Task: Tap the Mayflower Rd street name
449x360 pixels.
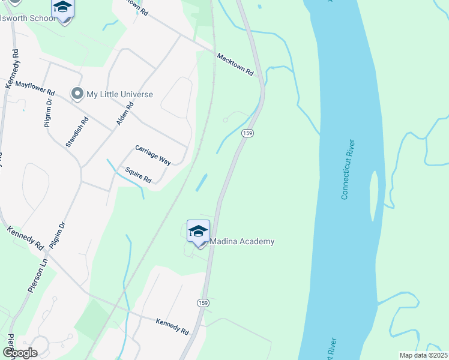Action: point(35,89)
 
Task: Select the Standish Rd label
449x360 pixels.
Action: point(77,133)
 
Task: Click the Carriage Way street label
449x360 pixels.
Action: point(153,154)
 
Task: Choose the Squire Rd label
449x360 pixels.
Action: point(138,175)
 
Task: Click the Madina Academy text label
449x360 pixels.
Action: point(242,242)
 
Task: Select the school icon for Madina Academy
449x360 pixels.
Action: point(198,230)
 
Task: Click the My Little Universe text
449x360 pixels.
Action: point(119,94)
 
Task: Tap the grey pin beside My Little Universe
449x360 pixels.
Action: point(77,94)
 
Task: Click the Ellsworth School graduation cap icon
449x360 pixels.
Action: point(62,8)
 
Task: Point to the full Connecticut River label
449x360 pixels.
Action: point(348,169)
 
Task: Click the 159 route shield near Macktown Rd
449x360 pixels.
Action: point(246,132)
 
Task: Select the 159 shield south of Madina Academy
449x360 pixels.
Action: point(203,303)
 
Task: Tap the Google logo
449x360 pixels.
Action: point(20,353)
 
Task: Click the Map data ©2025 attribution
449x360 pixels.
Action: point(423,355)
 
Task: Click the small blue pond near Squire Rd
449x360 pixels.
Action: point(202,182)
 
